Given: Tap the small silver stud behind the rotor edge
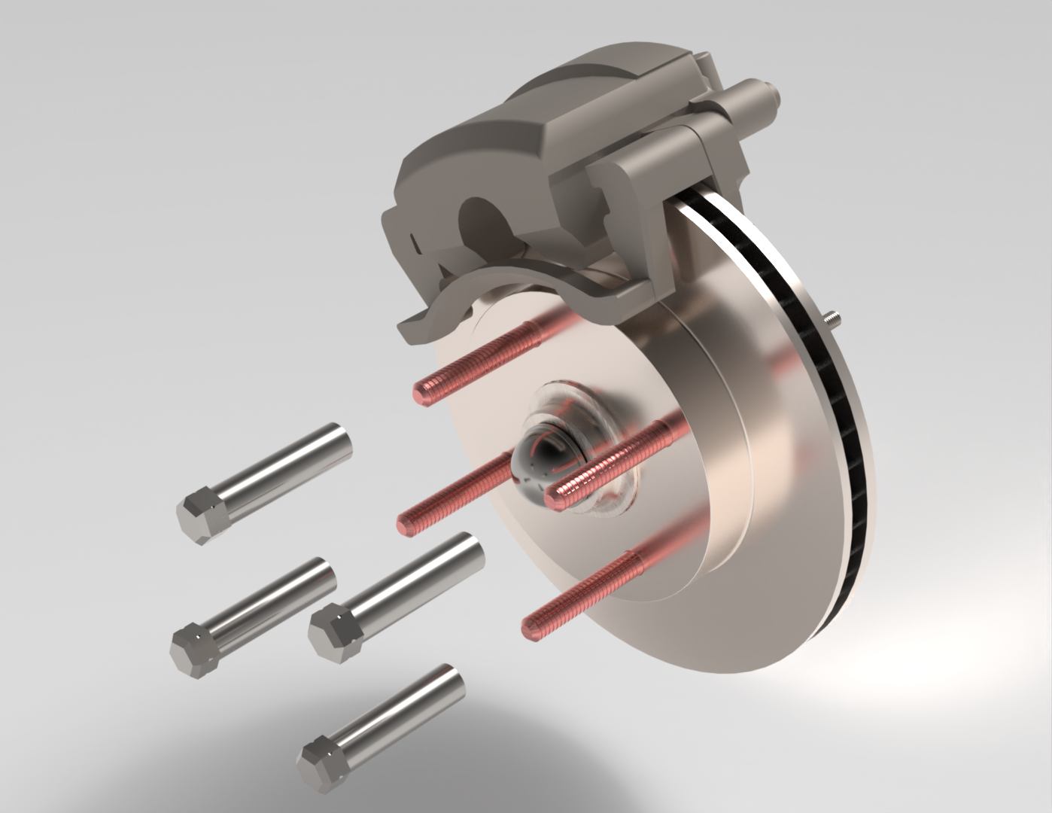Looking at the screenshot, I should (x=832, y=319).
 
